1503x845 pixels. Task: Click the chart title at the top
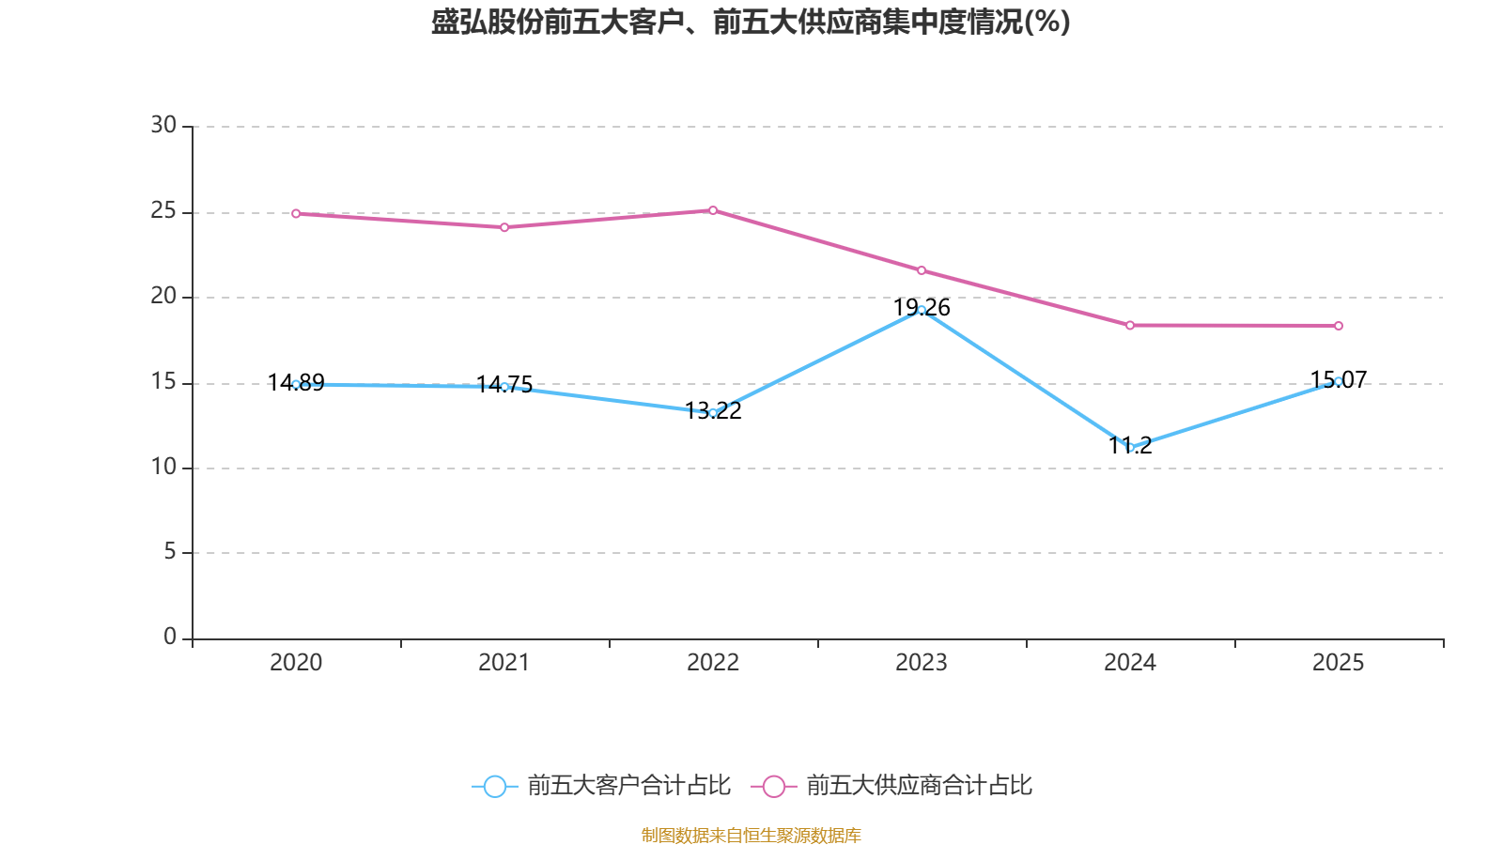pos(751,23)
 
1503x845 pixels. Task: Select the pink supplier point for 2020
pos(296,214)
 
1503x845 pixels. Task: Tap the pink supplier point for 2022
pos(713,210)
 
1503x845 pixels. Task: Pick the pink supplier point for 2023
pos(922,270)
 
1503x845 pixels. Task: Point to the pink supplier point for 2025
pos(1339,326)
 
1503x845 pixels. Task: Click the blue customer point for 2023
pos(922,310)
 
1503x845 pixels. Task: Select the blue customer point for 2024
pos(1130,447)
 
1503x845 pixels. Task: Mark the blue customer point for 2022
pos(713,413)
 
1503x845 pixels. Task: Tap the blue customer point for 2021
pos(504,387)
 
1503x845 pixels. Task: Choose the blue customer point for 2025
pos(1339,381)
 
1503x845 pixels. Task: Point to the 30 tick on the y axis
pos(163,126)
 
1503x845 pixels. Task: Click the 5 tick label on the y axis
pos(170,552)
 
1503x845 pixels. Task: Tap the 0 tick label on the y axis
pos(170,638)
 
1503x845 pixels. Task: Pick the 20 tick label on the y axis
pos(163,297)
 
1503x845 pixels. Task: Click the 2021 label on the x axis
pos(504,663)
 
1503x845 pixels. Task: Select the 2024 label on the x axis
pos(1130,663)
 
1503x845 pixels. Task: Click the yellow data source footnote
pos(751,835)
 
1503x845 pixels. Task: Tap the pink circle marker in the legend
pos(773,786)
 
